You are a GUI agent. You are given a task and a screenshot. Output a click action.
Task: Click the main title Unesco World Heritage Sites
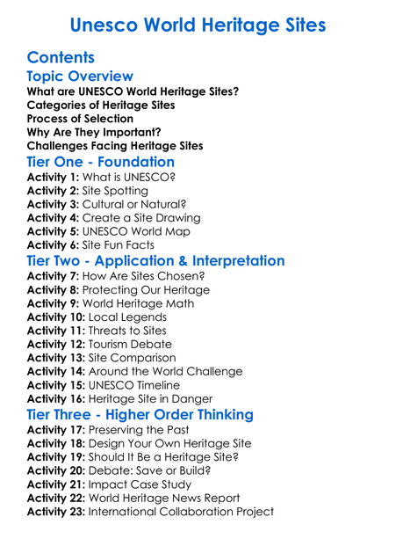198,24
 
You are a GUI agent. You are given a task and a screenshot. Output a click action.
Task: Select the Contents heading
61,58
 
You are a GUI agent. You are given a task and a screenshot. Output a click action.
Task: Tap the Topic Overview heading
80,76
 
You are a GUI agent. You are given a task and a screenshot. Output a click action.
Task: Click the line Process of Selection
80,119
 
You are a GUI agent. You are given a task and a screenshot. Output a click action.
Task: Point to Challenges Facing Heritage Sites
115,145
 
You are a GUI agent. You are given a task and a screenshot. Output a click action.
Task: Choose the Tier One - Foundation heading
101,162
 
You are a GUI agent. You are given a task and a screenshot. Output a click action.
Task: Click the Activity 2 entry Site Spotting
89,190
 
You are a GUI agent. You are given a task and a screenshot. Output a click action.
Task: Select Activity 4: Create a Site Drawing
113,217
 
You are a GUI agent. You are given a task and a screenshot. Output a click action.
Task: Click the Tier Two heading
155,261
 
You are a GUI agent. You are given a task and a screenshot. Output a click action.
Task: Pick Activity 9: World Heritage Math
111,303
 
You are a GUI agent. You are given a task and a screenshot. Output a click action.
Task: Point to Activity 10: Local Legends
97,317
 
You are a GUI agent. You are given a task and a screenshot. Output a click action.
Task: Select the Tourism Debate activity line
99,344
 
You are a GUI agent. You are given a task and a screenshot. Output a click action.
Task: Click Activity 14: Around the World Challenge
134,371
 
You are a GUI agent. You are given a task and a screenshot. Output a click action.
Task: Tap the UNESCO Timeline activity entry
103,385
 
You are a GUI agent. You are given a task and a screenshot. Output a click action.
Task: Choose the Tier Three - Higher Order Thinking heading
140,414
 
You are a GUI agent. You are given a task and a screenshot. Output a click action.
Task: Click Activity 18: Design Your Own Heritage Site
139,443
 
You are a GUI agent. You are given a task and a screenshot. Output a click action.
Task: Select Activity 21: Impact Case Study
110,484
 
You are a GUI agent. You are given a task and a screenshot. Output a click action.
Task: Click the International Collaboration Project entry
150,512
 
